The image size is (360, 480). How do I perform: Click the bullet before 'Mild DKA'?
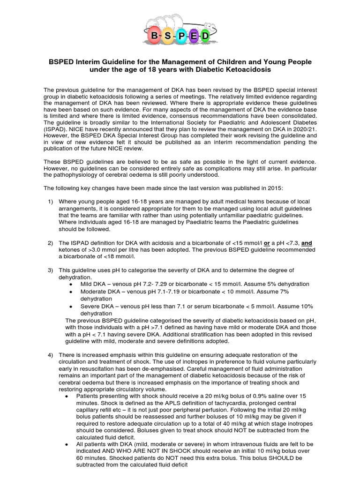[70, 285]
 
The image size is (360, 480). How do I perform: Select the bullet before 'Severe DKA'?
[70, 306]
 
